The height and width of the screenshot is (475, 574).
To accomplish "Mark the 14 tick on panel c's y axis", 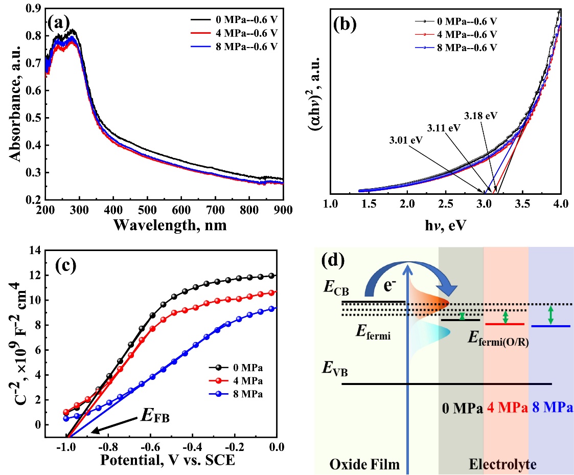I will point(35,251).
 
